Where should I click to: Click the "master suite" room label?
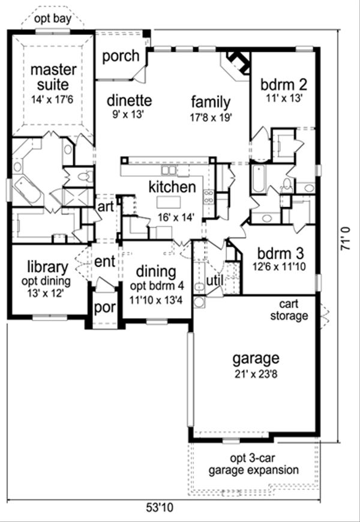53,77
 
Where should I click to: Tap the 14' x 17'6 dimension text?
53,99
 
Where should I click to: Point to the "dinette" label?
129,100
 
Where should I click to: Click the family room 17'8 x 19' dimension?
211,118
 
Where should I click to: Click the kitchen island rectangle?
168,202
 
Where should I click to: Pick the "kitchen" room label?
172,187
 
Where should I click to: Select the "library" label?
48,266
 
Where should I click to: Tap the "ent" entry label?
104,262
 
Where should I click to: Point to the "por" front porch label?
104,308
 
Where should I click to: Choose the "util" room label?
214,280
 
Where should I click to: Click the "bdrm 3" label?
280,254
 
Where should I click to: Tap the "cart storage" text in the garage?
289,310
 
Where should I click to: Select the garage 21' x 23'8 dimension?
256,374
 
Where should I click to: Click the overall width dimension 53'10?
160,508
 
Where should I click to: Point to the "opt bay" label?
53,19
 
